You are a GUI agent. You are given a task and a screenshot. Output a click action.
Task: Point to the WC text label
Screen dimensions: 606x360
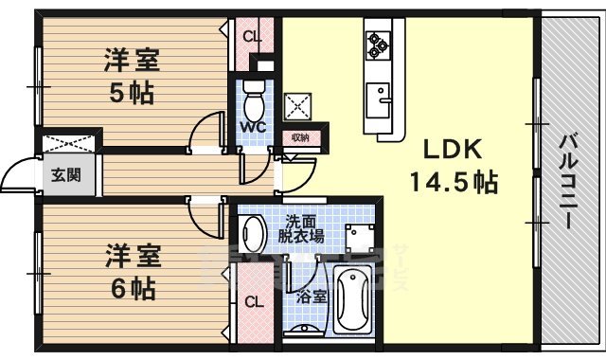pos(252,126)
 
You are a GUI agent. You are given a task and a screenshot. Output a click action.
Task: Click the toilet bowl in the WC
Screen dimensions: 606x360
pos(254,96)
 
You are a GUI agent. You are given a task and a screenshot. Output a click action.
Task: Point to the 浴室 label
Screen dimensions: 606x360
pos(312,297)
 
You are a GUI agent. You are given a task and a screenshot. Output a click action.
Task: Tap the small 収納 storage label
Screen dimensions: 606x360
pos(299,137)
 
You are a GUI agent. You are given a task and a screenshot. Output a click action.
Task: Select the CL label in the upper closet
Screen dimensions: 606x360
pos(251,37)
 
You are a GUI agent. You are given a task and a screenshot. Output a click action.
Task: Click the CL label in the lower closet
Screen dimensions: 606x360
pos(253,302)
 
